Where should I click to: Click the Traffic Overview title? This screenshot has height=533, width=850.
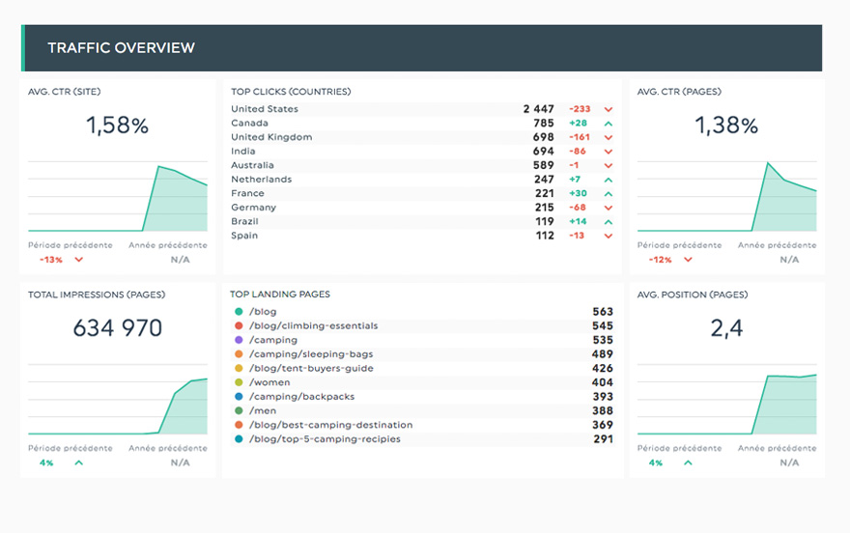121,48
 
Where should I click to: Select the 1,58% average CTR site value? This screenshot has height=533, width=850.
117,126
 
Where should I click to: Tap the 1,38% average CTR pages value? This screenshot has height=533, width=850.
726,126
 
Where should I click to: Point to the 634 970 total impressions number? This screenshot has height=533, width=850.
118,328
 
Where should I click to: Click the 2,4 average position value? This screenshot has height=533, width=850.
726,328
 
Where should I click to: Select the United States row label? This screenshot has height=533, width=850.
265,109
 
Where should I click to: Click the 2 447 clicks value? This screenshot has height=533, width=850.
539,109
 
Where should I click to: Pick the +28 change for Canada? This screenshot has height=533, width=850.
579,124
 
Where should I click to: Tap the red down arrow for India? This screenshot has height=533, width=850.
609,152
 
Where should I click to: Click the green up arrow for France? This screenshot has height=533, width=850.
609,193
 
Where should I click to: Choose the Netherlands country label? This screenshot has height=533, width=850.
261,180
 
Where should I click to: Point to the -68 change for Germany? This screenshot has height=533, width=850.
579,208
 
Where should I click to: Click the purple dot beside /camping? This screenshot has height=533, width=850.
239,340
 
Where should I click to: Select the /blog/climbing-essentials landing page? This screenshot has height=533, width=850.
313,326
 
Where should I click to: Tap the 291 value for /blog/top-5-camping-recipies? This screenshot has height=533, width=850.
603,439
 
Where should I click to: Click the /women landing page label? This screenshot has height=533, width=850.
269,382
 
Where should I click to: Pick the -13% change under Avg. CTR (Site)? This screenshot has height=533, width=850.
50,260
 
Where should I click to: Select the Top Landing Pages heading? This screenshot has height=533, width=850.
279,295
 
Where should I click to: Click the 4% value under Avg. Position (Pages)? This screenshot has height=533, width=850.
656,463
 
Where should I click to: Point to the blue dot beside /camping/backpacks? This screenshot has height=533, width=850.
239,397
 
